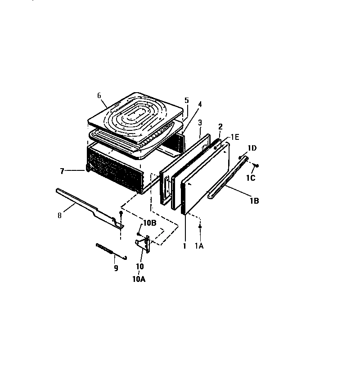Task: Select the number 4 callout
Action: [x=199, y=104]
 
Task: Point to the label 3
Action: [x=199, y=122]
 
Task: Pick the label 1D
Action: [x=252, y=148]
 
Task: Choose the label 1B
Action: [x=254, y=201]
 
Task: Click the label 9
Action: [x=116, y=268]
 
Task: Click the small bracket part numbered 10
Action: [x=143, y=243]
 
